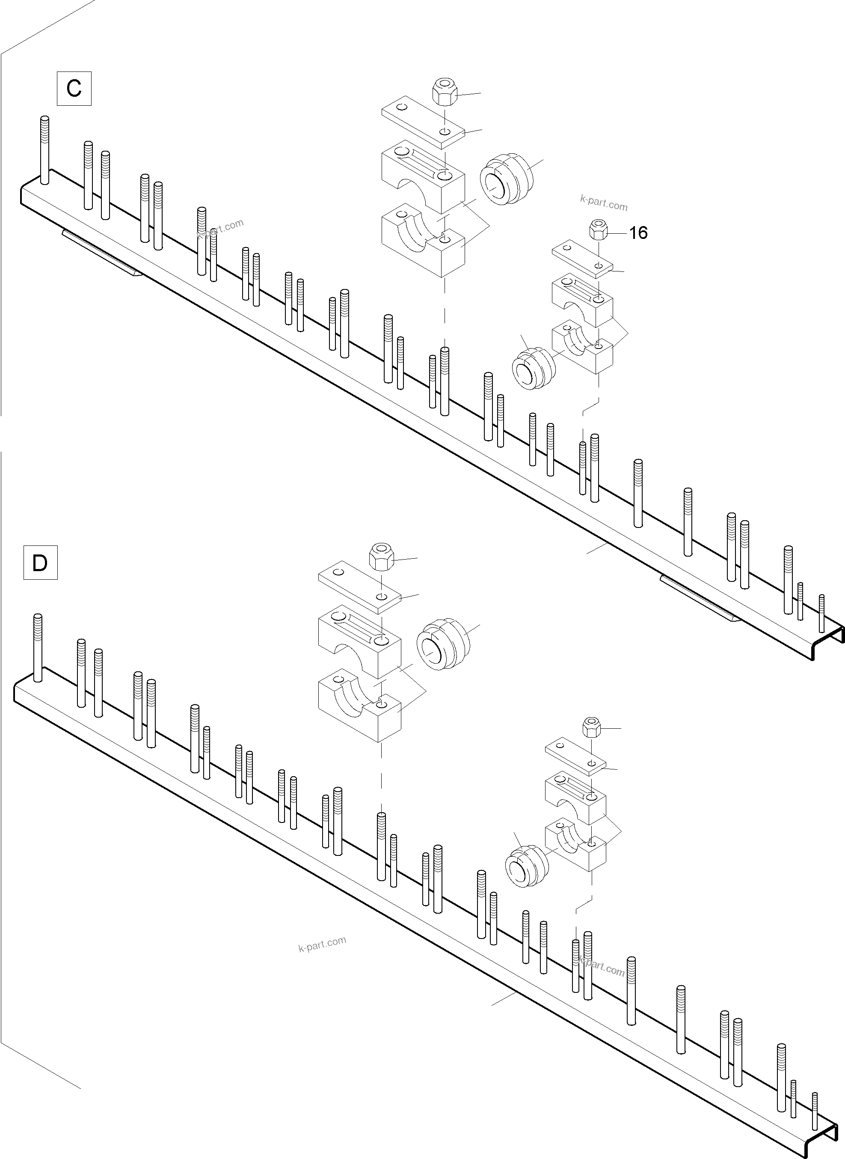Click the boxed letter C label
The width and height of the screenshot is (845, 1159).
(x=74, y=89)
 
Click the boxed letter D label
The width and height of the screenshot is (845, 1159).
(x=40, y=563)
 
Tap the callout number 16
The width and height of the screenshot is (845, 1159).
(x=638, y=233)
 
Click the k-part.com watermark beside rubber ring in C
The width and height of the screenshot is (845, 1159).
(x=604, y=204)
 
